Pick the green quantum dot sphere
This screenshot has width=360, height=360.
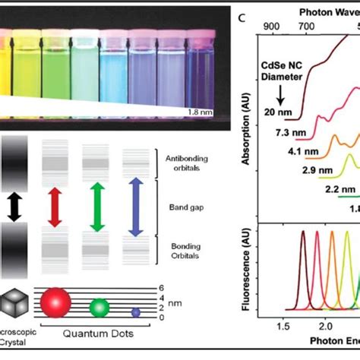99,307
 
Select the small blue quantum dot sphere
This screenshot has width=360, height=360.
136,311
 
